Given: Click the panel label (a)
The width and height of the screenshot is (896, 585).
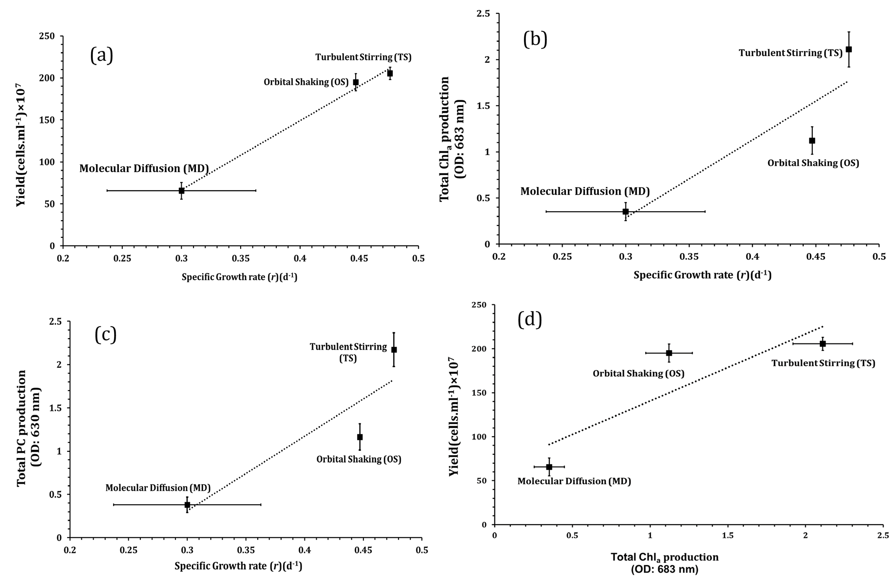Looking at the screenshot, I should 102,56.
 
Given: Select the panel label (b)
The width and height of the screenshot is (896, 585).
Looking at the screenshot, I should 535,39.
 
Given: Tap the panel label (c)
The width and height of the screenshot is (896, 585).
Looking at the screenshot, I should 106,334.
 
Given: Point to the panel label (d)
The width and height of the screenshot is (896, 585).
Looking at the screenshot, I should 529,319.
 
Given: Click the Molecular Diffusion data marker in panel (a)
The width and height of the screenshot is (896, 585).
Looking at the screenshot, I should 181,191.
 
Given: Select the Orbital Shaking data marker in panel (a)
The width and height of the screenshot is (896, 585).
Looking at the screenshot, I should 356,82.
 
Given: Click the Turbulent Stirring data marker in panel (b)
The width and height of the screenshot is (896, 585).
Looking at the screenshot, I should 848,49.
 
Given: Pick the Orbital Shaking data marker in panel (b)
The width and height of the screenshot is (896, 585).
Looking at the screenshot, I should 812,141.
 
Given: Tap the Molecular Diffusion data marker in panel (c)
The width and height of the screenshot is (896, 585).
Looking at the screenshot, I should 187,505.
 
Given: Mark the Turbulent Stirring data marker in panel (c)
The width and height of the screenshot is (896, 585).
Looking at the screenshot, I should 394,350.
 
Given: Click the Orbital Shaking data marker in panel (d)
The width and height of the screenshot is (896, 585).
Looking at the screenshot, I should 669,353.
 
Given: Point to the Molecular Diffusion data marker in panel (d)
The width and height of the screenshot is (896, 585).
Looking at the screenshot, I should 549,467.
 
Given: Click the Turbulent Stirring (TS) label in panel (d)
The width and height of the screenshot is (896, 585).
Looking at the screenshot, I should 823,363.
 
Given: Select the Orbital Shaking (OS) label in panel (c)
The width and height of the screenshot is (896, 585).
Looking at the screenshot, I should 359,459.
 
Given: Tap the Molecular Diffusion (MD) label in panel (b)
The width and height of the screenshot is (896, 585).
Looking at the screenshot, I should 584,192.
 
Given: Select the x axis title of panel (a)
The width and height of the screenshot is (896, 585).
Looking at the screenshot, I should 239,277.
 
